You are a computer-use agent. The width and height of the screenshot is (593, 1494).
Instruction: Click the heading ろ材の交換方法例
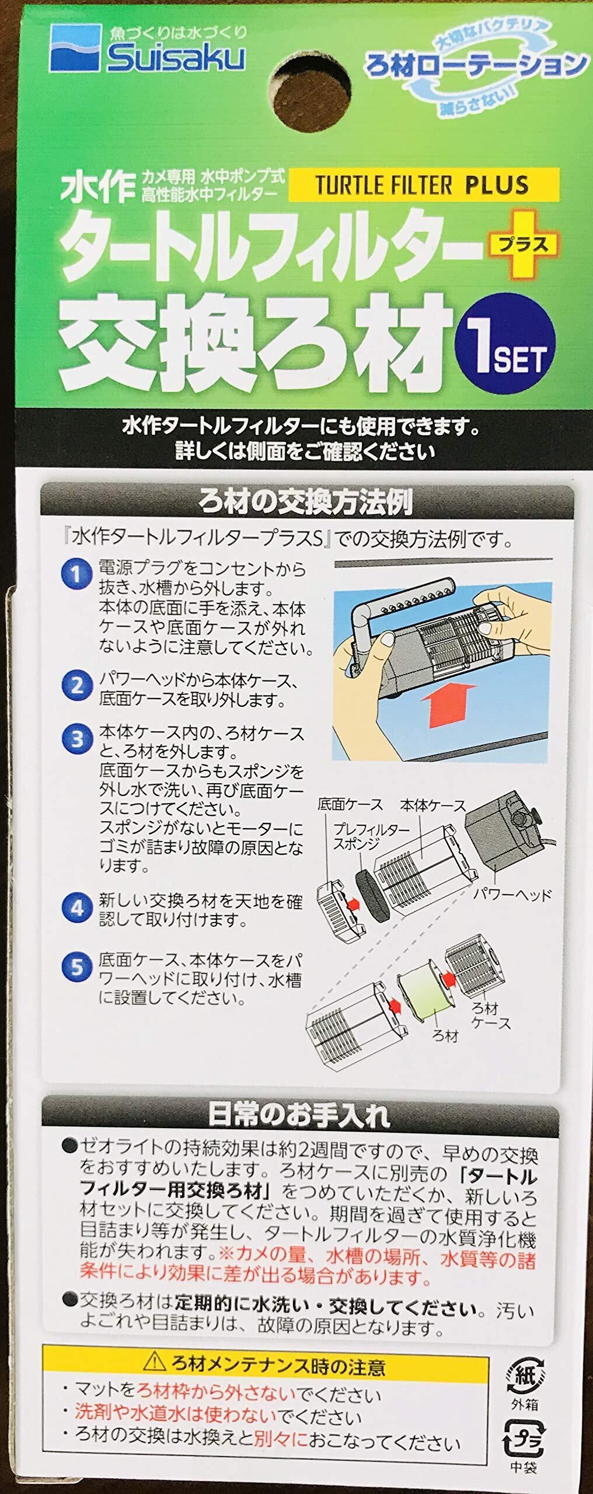[x=306, y=501]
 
